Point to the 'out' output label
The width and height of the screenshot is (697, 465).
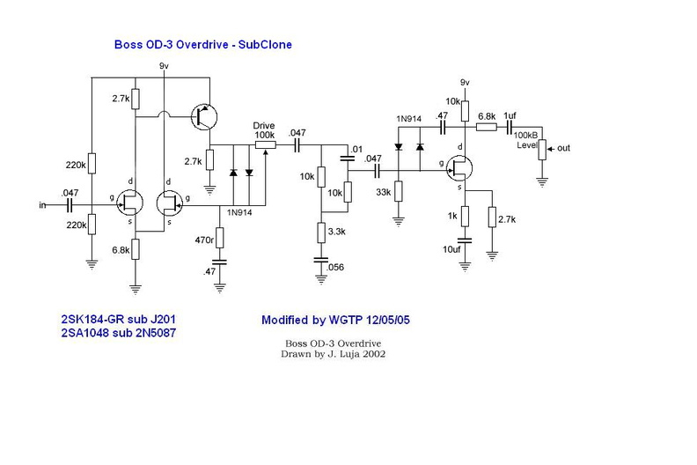[563, 148]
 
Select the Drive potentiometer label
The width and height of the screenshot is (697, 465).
[263, 126]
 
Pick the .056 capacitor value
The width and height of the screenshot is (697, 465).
[334, 267]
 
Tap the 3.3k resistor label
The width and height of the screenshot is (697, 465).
[334, 231]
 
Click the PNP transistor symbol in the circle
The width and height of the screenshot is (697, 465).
[208, 114]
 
